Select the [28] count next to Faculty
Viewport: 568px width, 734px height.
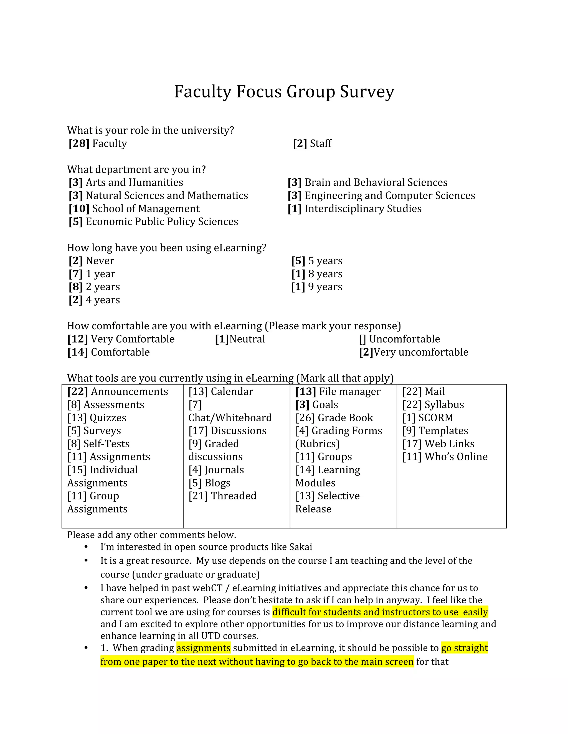(x=79, y=143)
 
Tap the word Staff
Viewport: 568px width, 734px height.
(x=320, y=143)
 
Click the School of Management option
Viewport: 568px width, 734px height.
(x=145, y=209)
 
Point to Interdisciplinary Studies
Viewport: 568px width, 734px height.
(x=363, y=209)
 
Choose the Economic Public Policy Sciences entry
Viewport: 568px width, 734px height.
(x=161, y=222)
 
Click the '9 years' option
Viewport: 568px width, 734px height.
(x=325, y=287)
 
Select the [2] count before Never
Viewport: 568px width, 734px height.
(x=76, y=261)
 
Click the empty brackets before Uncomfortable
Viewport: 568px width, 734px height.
(x=362, y=339)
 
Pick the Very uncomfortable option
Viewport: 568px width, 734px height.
(x=421, y=352)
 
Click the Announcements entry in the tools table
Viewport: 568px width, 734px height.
(x=129, y=392)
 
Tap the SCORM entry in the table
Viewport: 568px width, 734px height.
(x=435, y=418)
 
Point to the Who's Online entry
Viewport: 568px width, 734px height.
(x=456, y=457)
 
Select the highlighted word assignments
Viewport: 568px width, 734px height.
(x=203, y=648)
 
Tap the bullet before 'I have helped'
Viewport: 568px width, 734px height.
(x=86, y=588)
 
